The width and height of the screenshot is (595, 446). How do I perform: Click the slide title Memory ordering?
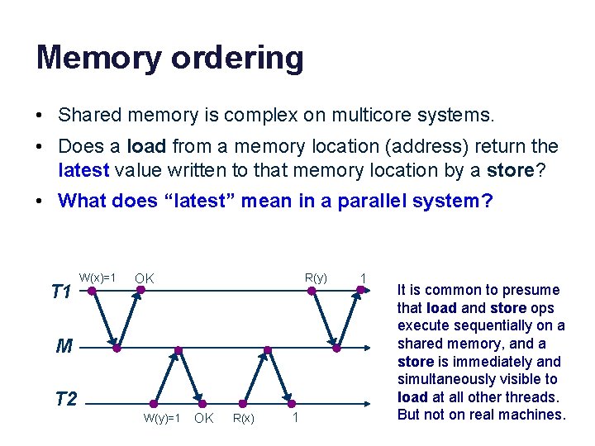169,58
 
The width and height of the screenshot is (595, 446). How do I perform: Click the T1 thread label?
60,292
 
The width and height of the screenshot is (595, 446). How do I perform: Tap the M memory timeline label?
64,347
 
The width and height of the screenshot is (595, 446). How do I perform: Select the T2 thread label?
65,400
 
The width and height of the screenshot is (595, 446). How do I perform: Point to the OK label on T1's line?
145,278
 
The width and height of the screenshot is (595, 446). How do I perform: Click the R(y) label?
316,278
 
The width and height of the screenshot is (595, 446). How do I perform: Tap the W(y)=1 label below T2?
162,419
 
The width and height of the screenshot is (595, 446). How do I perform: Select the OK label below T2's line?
203,419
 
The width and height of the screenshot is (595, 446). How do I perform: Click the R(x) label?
243,419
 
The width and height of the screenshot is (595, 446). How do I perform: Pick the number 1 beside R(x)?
295,419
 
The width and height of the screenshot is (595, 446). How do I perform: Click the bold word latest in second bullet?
84,170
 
